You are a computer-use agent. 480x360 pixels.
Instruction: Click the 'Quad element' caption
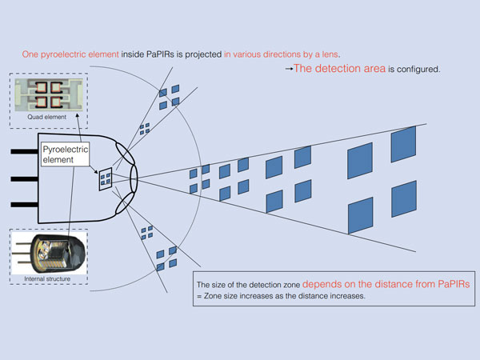(47, 117)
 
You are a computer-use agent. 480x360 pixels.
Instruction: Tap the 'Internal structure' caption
(47, 279)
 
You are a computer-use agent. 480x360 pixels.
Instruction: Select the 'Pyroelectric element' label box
(66, 154)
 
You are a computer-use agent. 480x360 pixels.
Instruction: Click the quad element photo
(49, 94)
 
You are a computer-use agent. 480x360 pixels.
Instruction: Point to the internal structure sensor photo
(49, 254)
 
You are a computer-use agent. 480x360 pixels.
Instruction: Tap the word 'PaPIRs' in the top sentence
(160, 54)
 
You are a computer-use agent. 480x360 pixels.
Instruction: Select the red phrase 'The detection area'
(339, 68)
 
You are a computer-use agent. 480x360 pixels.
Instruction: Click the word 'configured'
(418, 70)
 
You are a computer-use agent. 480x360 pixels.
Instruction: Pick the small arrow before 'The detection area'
(289, 69)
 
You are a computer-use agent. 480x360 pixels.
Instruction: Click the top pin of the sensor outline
(25, 151)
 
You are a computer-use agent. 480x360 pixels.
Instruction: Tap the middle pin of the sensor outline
(25, 178)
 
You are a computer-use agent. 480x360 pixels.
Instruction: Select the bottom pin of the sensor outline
(25, 205)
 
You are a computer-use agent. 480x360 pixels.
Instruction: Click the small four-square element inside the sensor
(106, 179)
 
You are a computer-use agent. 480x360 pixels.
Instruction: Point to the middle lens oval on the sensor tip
(134, 178)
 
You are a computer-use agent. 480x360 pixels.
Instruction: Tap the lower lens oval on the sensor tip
(125, 203)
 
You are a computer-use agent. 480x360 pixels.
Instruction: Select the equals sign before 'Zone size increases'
(199, 297)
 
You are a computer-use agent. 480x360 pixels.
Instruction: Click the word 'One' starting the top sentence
(30, 54)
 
